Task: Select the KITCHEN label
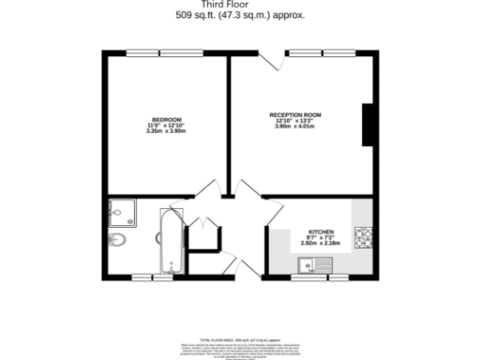(x=321, y=232)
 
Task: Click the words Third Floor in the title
(x=239, y=5)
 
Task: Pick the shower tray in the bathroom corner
(x=122, y=214)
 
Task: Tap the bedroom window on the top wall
(x=168, y=52)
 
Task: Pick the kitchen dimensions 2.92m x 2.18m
(x=321, y=243)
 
